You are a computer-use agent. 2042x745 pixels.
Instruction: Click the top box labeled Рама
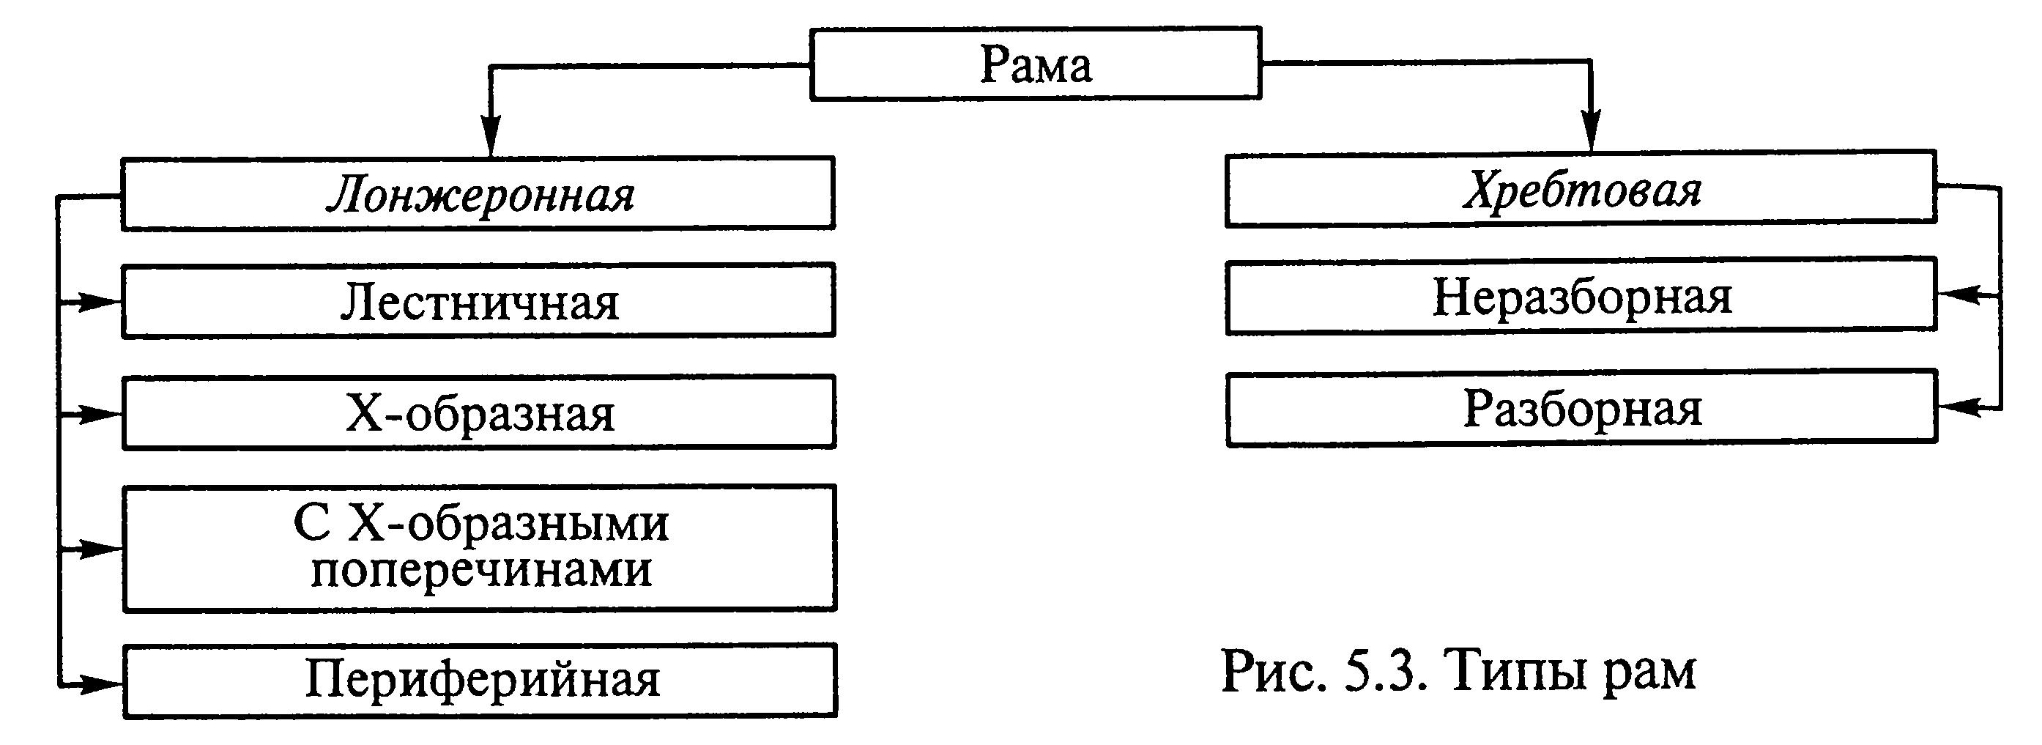pos(1035,64)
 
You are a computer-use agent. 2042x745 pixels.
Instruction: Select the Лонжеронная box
pos(478,193)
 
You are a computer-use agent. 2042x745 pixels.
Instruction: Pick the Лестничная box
pos(479,301)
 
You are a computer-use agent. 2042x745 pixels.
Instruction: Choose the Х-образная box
pos(479,413)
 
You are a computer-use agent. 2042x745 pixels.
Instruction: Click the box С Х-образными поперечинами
pos(480,548)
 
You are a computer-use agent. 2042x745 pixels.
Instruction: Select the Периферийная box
pos(480,680)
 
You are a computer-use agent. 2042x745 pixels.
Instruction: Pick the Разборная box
pos(1581,408)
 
